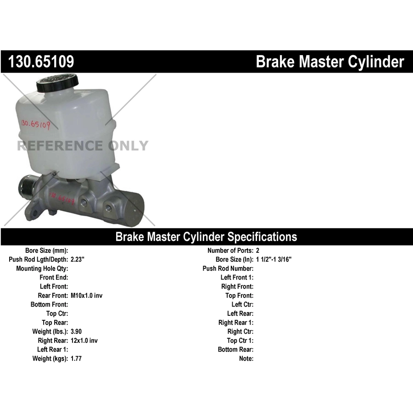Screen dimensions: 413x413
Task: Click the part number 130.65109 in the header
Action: (41, 61)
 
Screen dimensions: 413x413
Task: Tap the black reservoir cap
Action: (57, 83)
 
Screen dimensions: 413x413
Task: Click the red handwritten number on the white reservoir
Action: (35, 124)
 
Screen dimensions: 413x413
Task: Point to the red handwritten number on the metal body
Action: (62, 197)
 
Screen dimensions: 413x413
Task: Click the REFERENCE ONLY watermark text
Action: (83, 145)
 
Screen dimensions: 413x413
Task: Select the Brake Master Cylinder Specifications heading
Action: (206, 236)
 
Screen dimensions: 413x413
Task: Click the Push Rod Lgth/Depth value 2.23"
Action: (78, 259)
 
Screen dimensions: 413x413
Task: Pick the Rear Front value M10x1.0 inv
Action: (86, 296)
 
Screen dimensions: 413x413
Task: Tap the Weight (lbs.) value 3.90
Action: (76, 331)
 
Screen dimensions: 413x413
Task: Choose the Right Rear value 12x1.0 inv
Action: (84, 340)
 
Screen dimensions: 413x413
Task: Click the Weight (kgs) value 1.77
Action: (76, 358)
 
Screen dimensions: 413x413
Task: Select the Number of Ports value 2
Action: (257, 251)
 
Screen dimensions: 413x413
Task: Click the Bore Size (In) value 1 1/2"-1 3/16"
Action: (273, 259)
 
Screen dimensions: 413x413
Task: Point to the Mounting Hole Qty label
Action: (42, 268)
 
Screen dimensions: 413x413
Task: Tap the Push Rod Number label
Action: (228, 268)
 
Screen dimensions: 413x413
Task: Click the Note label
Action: (246, 358)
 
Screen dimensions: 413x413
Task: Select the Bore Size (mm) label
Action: (47, 251)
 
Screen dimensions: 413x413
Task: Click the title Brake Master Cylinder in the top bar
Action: (330, 61)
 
